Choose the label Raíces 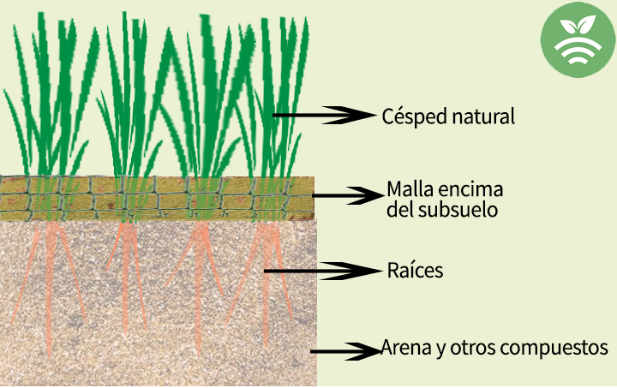pyautogui.click(x=416, y=271)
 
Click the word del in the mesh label pyautogui.click(x=399, y=209)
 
